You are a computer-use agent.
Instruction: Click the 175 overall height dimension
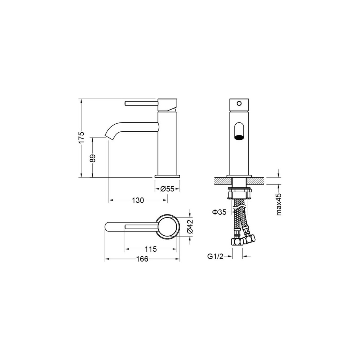pos(82,137)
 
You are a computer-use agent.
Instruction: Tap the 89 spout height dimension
pos(93,158)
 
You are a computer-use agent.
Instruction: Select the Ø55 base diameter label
pos(167,189)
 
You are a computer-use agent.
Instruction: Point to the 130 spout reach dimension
pos(138,200)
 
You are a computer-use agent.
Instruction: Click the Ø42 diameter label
pos(190,226)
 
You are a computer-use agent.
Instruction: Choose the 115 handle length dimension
pos(150,249)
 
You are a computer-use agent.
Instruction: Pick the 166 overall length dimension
pos(142,259)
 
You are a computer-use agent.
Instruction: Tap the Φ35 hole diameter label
pos(219,212)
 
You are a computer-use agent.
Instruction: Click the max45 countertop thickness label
pos(279,204)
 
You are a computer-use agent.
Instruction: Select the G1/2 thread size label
pos(215,256)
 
